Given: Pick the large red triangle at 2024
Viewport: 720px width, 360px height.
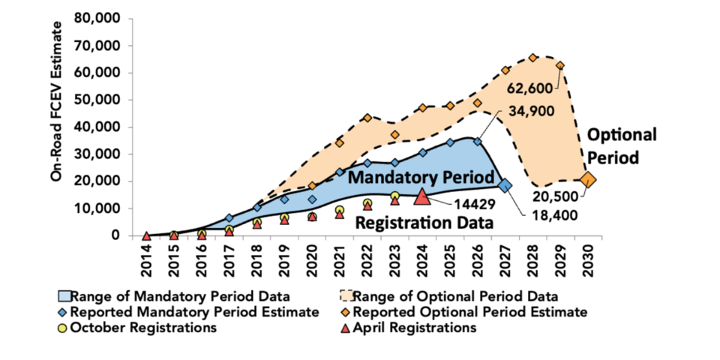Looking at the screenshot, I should click(x=422, y=196).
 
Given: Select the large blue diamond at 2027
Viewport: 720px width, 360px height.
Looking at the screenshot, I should click(x=505, y=185).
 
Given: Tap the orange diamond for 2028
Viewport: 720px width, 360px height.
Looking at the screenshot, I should click(x=532, y=58).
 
